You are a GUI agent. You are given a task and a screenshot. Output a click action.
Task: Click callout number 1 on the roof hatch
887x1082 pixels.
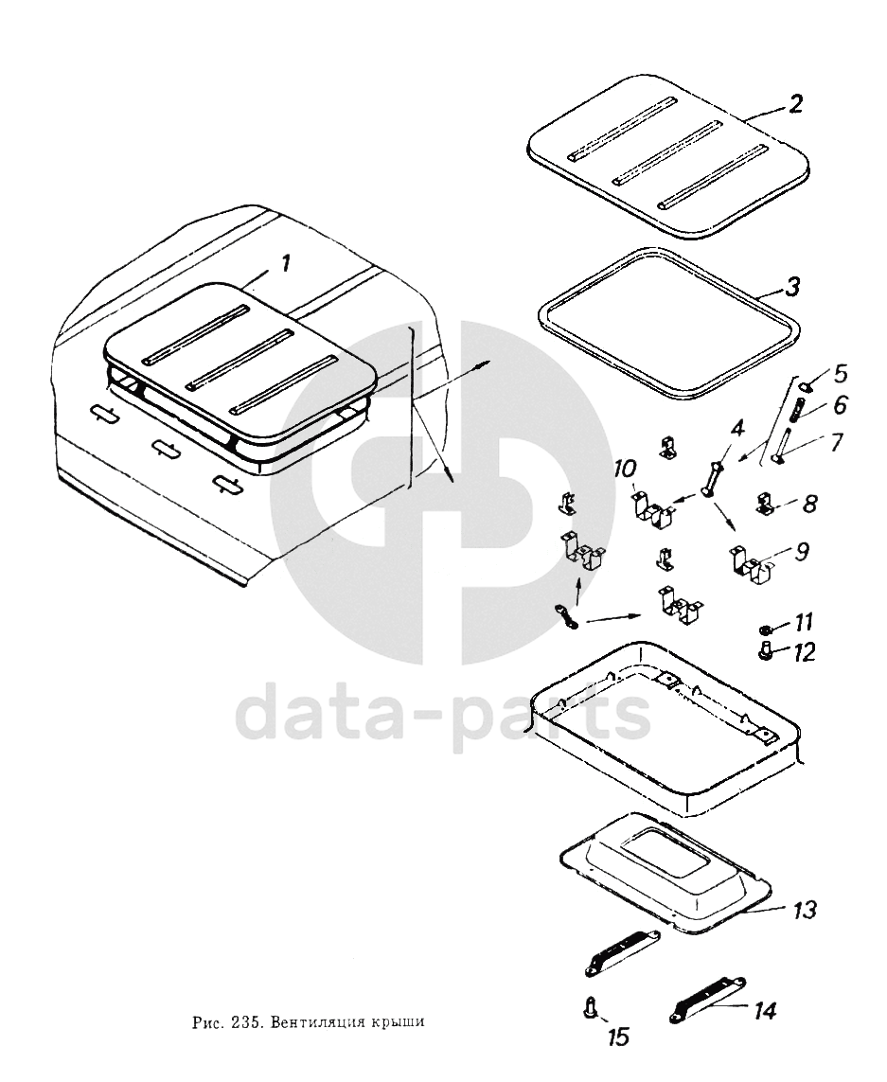click(285, 264)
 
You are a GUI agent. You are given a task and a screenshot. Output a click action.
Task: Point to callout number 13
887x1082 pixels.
click(804, 909)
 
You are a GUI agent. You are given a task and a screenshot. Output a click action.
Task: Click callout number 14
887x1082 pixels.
click(765, 1011)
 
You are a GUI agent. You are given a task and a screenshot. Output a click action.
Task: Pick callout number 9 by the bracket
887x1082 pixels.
click(801, 551)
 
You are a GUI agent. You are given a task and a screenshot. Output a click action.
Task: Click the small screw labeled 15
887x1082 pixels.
click(590, 1007)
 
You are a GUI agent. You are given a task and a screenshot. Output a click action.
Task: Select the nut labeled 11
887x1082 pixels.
click(764, 629)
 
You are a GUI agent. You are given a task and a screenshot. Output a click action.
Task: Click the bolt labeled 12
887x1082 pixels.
click(764, 650)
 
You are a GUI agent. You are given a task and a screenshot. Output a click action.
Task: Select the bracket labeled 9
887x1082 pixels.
click(751, 561)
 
